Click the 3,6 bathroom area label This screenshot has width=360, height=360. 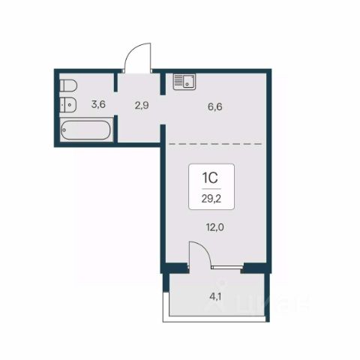[x=98, y=104]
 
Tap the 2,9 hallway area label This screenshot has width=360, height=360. [x=142, y=105]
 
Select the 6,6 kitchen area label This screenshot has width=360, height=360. [x=215, y=106]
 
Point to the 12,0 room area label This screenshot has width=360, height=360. [x=215, y=227]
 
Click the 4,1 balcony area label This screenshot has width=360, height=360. [x=215, y=297]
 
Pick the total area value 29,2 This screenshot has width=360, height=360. [x=211, y=199]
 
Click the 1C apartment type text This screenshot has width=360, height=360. [x=210, y=178]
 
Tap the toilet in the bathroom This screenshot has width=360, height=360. [x=68, y=85]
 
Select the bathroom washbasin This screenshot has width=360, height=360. [x=68, y=104]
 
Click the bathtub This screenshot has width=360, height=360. [x=85, y=130]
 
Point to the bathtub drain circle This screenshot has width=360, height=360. [x=64, y=130]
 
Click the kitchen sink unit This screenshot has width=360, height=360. [x=184, y=82]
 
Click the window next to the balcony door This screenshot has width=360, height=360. [x=227, y=267]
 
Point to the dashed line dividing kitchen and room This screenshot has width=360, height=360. [x=215, y=144]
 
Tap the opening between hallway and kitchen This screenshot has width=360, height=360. [x=163, y=109]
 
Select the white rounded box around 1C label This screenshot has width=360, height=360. [x=211, y=187]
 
